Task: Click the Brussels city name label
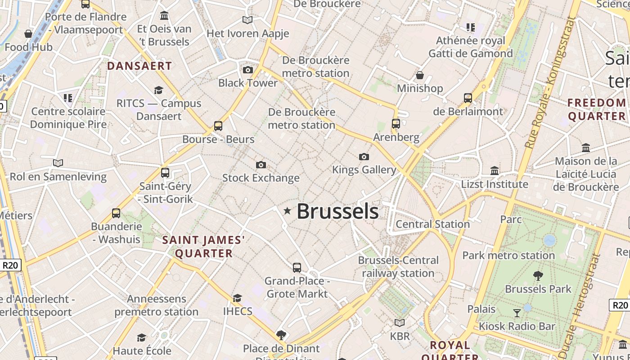337,211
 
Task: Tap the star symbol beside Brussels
287,211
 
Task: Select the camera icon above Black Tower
247,70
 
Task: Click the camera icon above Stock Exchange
261,165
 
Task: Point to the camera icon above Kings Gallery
364,157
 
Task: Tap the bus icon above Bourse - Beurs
218,126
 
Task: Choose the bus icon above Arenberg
396,123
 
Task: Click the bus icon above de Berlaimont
468,98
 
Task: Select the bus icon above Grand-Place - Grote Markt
297,268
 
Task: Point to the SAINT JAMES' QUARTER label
204,247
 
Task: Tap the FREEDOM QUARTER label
597,109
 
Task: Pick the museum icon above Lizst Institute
495,171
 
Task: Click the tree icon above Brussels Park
538,275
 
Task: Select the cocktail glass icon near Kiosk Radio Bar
517,313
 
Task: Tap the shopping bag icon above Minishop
420,75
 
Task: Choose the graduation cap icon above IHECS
237,298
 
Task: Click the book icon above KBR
400,323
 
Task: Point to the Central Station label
433,224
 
